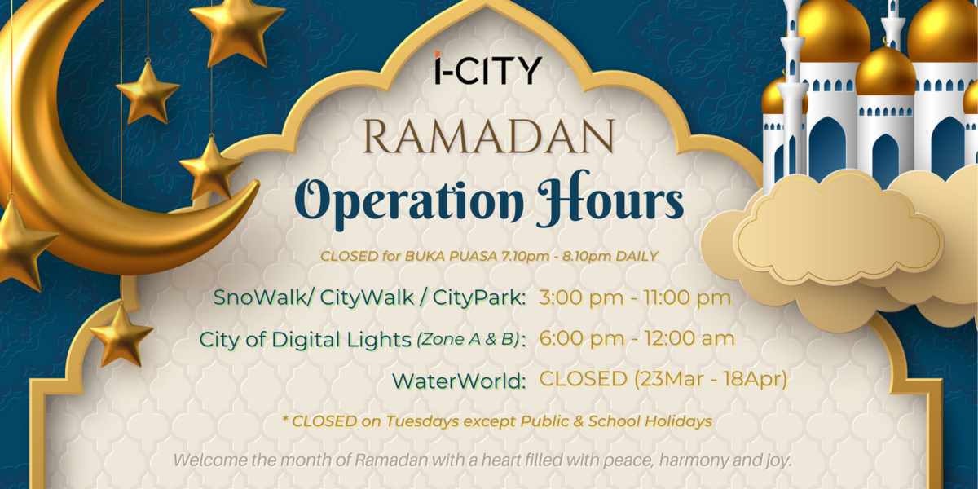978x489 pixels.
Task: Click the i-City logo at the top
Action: [488, 68]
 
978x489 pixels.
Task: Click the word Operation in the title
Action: [409, 200]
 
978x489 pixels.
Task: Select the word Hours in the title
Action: [610, 199]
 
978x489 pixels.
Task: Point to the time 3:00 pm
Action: [581, 298]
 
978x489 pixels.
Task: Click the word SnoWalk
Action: [261, 297]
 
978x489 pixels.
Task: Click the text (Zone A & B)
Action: [469, 339]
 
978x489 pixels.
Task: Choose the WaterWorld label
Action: [459, 381]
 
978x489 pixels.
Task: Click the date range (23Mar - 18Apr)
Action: [711, 379]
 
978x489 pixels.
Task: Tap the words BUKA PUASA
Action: [451, 256]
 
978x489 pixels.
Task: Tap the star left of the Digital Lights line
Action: [121, 334]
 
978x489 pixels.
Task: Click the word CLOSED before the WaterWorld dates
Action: [584, 379]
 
